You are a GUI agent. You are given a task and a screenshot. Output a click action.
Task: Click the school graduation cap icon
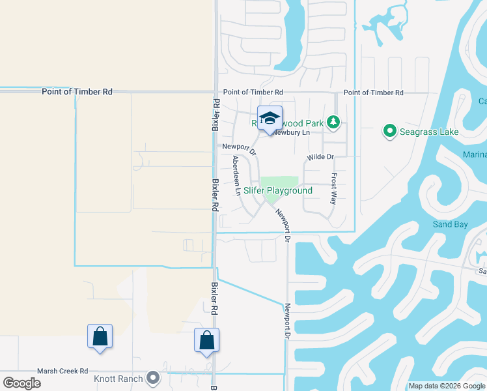270,119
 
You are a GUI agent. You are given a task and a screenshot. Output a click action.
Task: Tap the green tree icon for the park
333,121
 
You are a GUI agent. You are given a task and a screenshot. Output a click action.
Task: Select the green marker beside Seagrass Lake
390,132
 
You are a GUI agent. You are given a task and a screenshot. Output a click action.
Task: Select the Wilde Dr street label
320,157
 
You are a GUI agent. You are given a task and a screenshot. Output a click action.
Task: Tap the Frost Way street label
333,189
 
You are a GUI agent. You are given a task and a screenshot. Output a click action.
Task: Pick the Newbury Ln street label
291,132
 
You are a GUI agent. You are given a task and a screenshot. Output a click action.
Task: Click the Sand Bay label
451,224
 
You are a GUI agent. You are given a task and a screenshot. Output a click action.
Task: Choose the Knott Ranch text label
118,378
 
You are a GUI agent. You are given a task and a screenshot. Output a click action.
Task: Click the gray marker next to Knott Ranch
154,377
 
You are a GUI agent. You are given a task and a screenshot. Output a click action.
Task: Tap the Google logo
21,383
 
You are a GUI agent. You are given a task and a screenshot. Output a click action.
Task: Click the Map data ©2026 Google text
446,386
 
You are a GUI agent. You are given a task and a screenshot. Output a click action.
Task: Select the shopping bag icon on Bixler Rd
206,340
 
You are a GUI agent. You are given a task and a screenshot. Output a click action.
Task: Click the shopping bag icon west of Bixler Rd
100,337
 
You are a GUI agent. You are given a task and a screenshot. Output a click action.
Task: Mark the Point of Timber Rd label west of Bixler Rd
77,92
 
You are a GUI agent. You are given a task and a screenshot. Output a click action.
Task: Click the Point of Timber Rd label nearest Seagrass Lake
373,93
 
